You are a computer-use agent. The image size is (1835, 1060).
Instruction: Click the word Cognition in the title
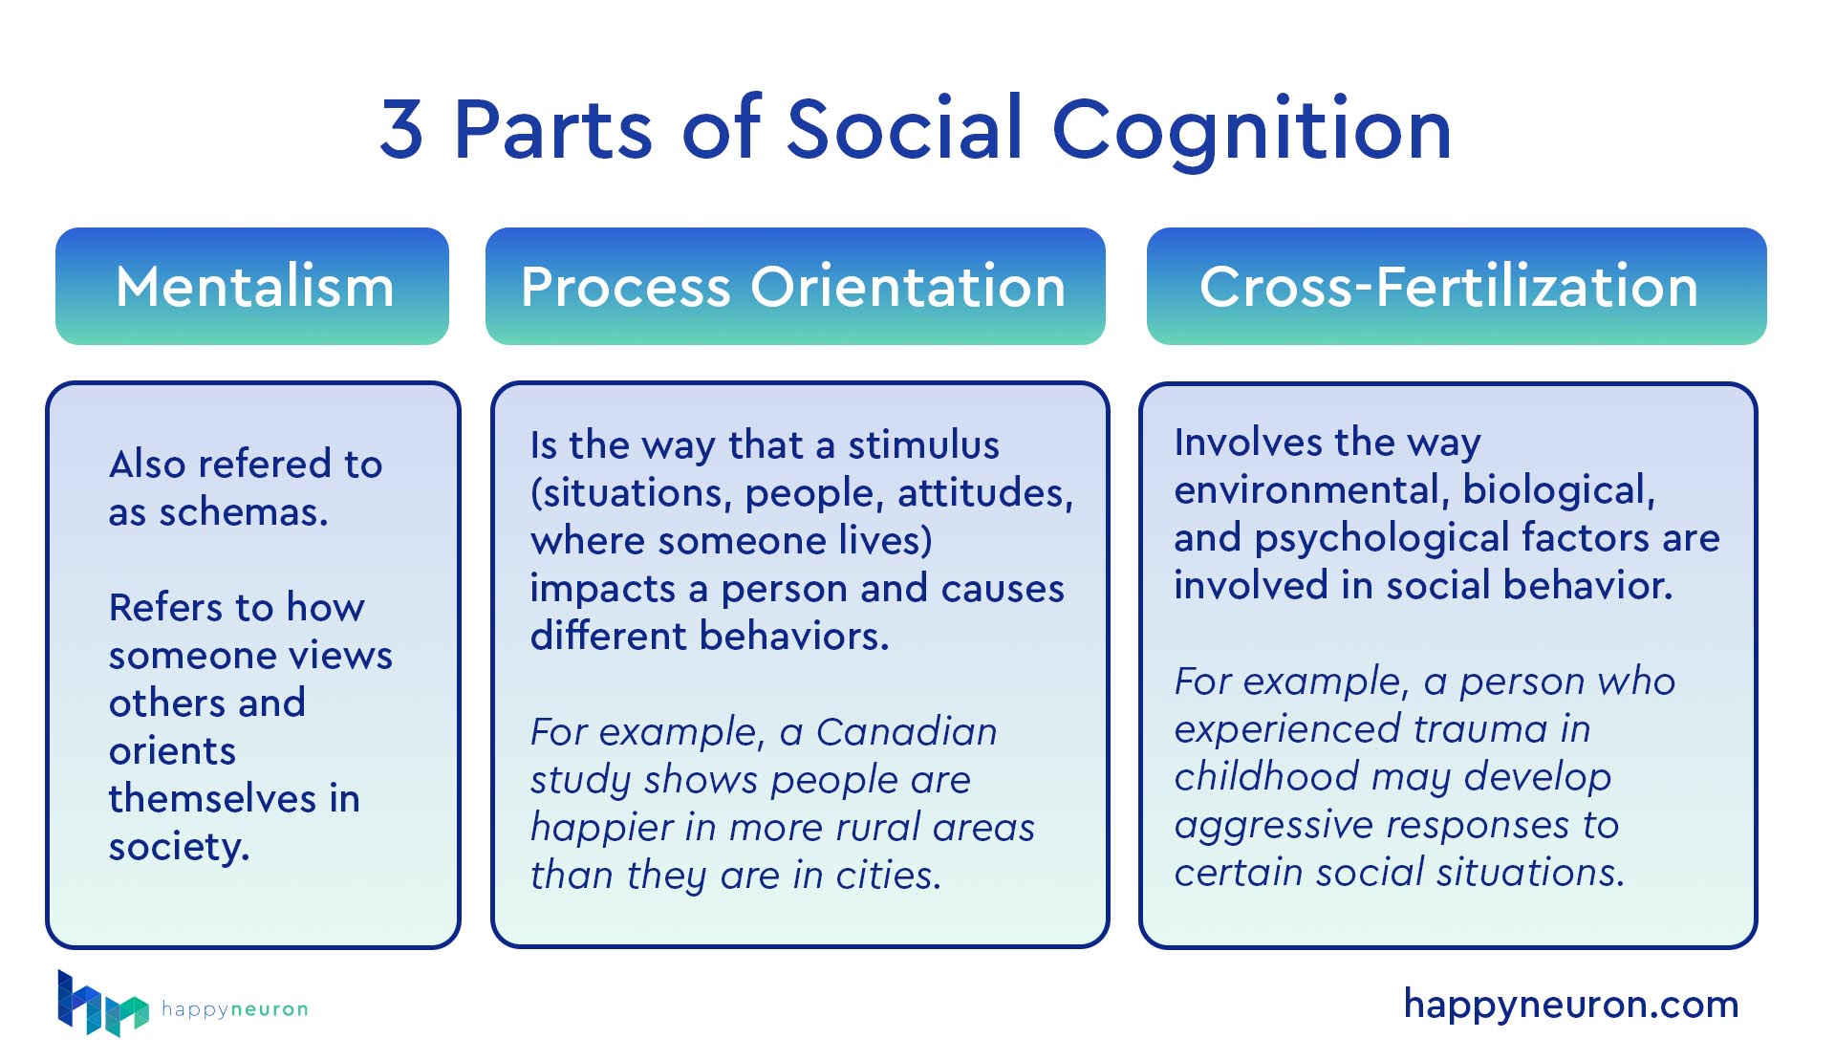click(1251, 131)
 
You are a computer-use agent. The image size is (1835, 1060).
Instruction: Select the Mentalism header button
click(252, 286)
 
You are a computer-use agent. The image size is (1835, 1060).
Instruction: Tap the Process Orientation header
click(794, 286)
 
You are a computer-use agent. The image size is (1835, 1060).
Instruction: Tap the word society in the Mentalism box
click(179, 847)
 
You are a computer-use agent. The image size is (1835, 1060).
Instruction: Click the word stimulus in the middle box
click(923, 445)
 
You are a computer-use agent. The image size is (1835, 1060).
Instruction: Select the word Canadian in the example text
click(906, 732)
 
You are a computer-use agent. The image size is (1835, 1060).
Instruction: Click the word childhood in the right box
click(1266, 777)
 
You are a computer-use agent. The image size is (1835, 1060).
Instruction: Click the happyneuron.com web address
click(1570, 1005)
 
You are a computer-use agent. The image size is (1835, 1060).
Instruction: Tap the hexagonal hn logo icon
click(101, 1005)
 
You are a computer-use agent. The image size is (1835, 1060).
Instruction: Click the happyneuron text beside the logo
click(234, 1009)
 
